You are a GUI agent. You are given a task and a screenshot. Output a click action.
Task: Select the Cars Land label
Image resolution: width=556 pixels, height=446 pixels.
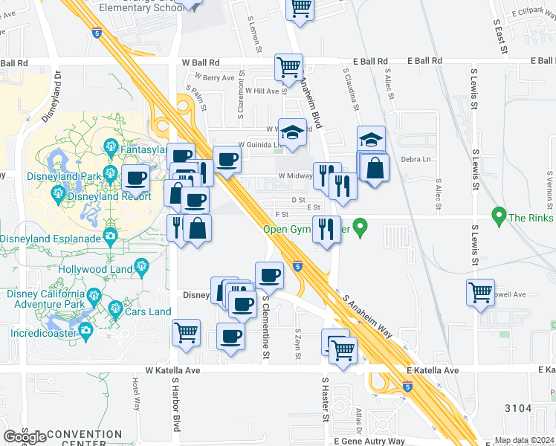pos(149,311)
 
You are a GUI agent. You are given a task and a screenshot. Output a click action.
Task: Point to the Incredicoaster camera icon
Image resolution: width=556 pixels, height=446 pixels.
pos(85,330)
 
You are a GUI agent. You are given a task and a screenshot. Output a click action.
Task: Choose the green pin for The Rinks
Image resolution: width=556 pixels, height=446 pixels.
pos(499,218)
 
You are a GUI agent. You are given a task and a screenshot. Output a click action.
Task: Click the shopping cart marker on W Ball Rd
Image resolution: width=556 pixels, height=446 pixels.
pos(288,67)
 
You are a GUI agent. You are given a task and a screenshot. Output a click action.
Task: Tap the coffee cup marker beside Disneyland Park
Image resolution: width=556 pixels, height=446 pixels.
pos(136,178)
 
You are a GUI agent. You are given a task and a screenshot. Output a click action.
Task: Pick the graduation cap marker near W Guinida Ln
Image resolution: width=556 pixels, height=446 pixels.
pos(292,132)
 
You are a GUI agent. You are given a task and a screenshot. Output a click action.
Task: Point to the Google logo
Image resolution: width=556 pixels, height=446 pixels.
pos(25,437)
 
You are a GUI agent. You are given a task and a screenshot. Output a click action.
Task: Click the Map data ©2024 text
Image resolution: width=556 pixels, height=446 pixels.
pos(524,440)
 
